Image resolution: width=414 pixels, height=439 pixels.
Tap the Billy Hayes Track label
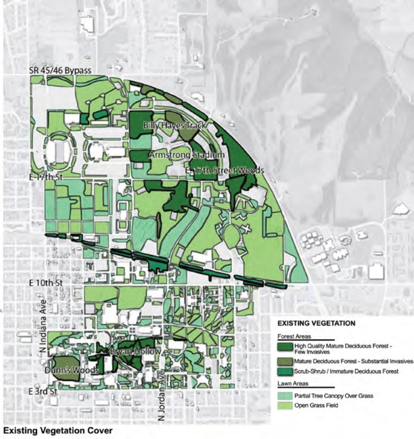(x=174, y=125)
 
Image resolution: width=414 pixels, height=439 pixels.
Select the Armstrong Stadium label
(x=187, y=155)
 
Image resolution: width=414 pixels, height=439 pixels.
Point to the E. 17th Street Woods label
(x=224, y=170)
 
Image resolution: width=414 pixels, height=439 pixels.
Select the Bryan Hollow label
(x=135, y=352)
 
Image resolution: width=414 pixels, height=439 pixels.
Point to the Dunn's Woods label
(x=72, y=370)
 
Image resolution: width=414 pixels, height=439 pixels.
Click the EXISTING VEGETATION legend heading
(x=316, y=323)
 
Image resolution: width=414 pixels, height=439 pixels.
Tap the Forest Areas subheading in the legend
(x=294, y=337)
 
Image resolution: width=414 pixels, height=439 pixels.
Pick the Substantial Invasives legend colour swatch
(x=285, y=361)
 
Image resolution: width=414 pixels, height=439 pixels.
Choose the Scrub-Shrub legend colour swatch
(x=285, y=371)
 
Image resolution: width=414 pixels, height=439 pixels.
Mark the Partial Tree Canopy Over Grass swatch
(x=285, y=396)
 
